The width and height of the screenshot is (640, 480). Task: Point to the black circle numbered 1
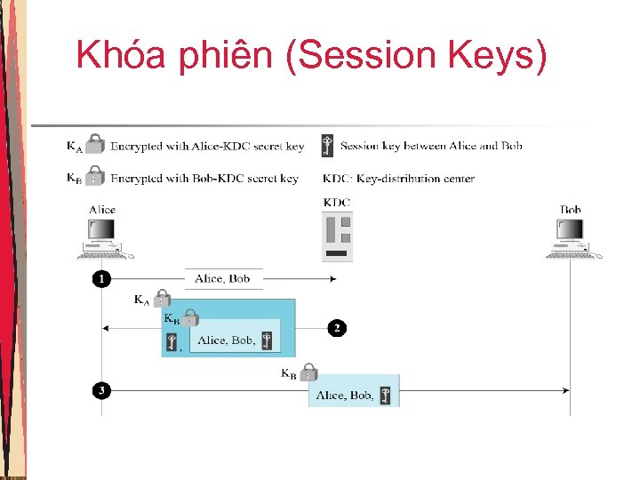pyautogui.click(x=102, y=279)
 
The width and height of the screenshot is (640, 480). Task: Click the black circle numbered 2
pyautogui.click(x=337, y=328)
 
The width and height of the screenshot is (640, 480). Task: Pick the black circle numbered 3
pyautogui.click(x=102, y=390)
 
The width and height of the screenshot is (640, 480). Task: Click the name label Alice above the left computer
pyautogui.click(x=102, y=210)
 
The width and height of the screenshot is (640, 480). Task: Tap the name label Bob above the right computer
pyautogui.click(x=571, y=210)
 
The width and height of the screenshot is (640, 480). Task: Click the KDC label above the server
pyautogui.click(x=337, y=202)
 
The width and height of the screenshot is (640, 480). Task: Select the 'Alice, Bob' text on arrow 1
pyautogui.click(x=222, y=279)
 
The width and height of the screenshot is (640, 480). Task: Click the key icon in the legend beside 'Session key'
pyautogui.click(x=328, y=146)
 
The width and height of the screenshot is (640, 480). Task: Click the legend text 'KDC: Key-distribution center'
pyautogui.click(x=398, y=179)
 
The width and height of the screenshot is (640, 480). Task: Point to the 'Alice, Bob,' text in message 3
pyautogui.click(x=344, y=395)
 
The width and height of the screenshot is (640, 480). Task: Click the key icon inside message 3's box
pyautogui.click(x=385, y=395)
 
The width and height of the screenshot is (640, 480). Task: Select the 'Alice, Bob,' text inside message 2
pyautogui.click(x=227, y=340)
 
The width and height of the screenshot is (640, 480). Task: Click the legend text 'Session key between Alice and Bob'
pyautogui.click(x=431, y=146)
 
